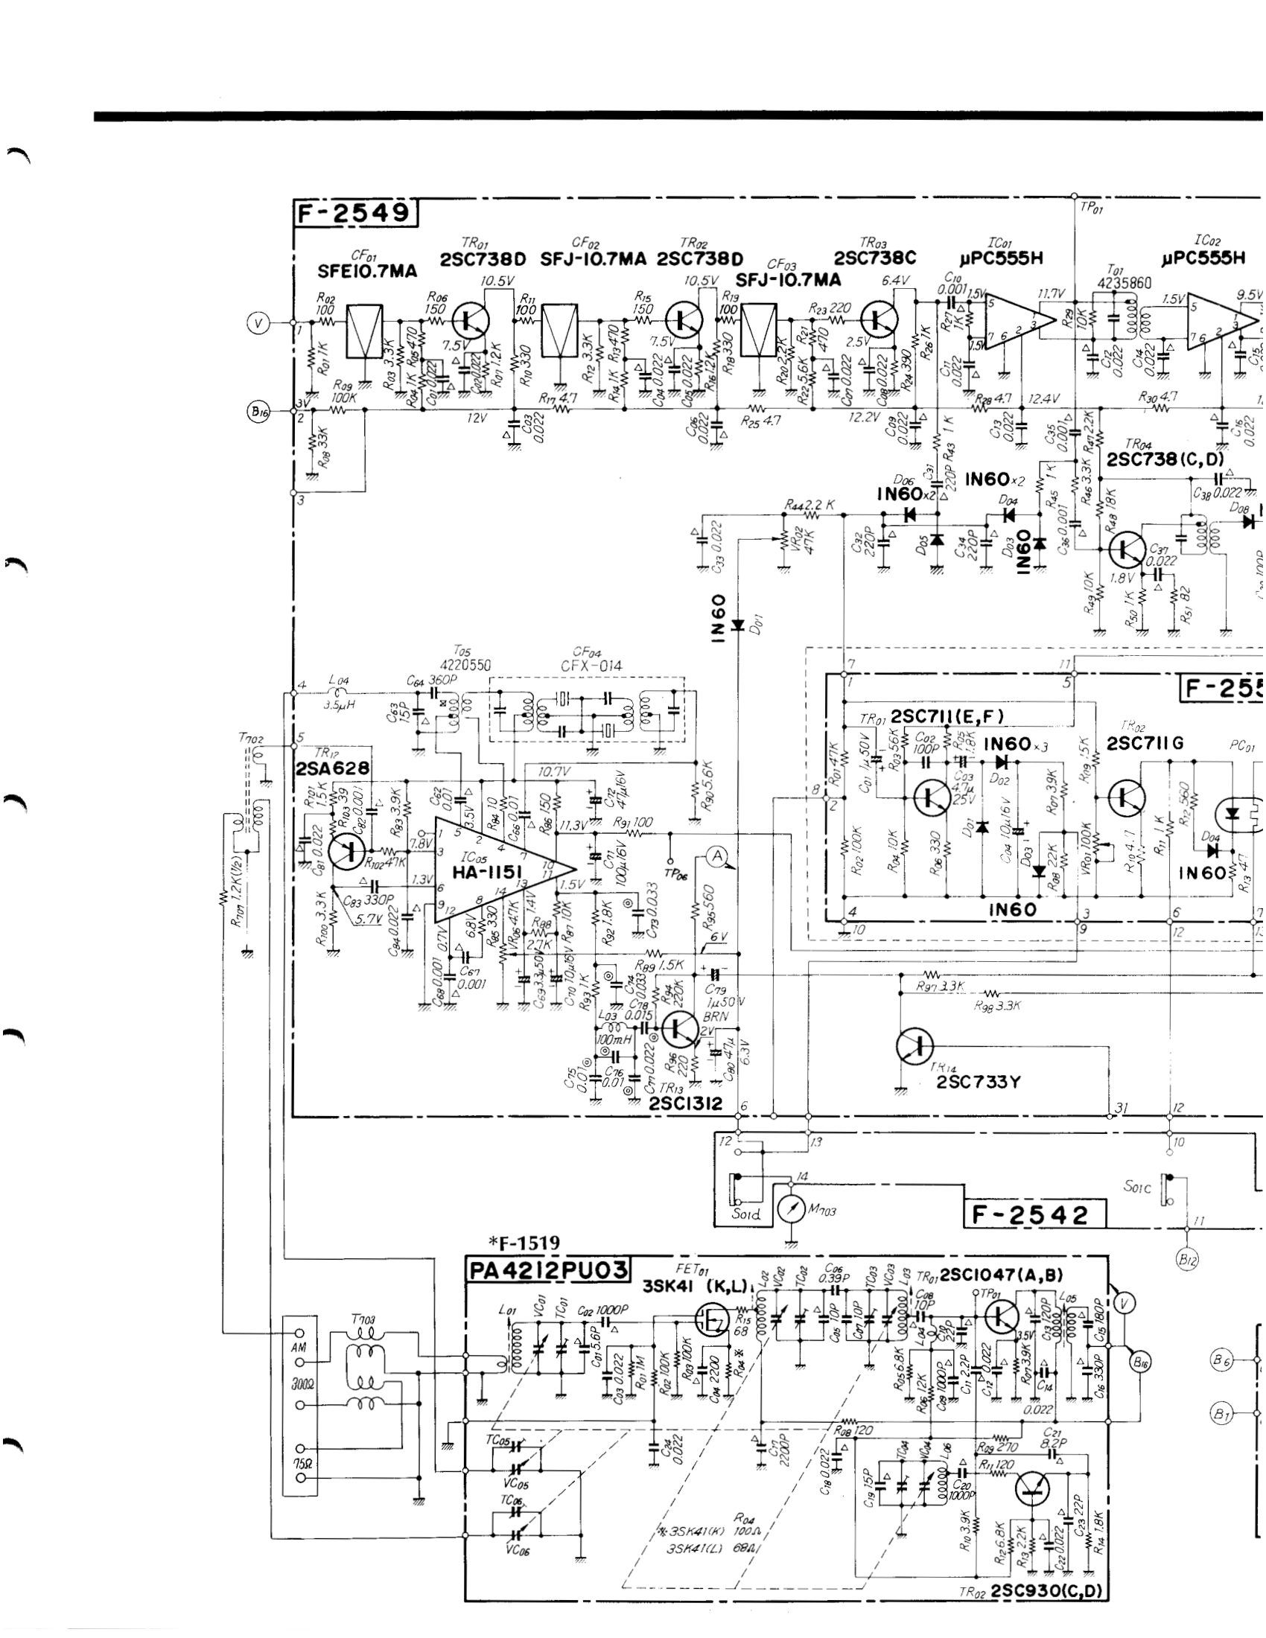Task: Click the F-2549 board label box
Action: pos(354,214)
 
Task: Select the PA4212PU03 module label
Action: pos(547,1269)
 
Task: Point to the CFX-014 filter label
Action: pos(591,665)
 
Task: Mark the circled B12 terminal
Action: pos(1186,1261)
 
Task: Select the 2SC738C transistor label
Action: pos(876,258)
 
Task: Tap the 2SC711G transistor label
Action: pos(1145,743)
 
